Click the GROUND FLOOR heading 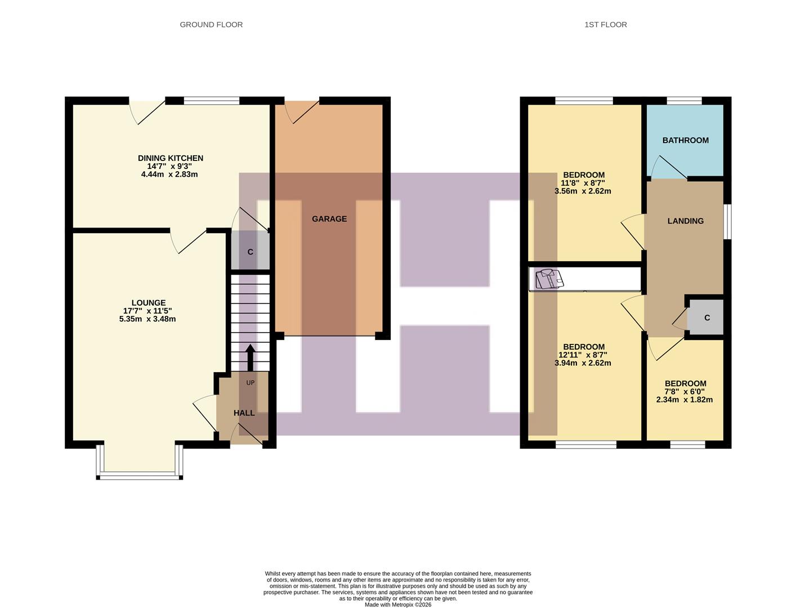tap(211, 24)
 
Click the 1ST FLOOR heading tap(605, 24)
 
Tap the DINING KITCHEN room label tap(170, 158)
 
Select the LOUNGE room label tap(148, 303)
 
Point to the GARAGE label tap(329, 219)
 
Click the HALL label tap(244, 413)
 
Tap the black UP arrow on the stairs tap(250, 357)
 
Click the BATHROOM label tap(685, 140)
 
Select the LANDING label tap(685, 221)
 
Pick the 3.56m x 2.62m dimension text tap(583, 191)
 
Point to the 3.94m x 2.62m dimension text tap(583, 363)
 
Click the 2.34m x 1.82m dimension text tap(684, 400)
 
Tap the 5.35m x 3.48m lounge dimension tap(147, 319)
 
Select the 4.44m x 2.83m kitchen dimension tap(169, 175)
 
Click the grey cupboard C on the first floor tap(706, 318)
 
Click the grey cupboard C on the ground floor tap(250, 252)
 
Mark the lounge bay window tap(140, 475)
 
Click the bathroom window tap(684, 101)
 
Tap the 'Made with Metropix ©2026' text tap(397, 605)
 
